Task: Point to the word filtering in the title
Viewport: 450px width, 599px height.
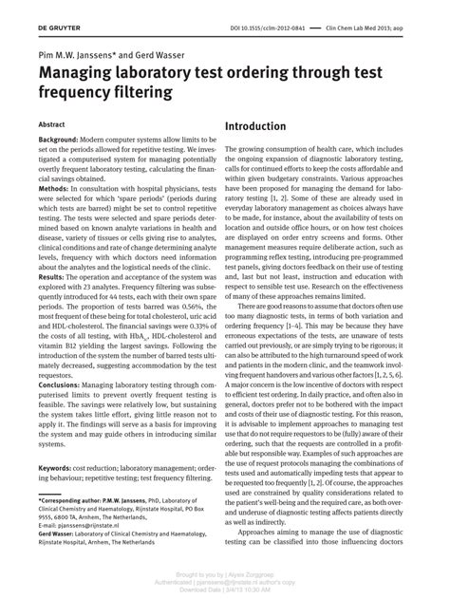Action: click(132, 93)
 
